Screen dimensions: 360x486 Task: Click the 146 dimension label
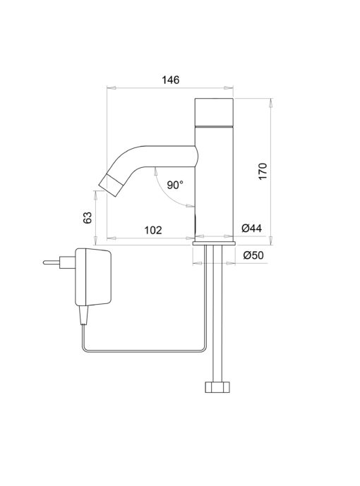point(171,80)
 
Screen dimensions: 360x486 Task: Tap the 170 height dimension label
point(263,171)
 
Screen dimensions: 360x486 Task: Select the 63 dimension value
point(88,217)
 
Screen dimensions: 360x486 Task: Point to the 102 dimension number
point(153,230)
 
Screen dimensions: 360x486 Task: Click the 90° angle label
point(175,185)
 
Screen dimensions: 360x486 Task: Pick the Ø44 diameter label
point(252,229)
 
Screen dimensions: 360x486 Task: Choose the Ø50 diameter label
point(253,255)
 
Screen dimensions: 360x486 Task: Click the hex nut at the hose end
point(217,387)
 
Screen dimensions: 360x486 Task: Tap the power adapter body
point(93,277)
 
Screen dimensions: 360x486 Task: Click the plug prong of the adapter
point(52,262)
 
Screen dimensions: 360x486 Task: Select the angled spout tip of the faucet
point(110,186)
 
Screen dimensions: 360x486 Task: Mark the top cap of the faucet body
point(214,112)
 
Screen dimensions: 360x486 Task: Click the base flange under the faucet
point(214,243)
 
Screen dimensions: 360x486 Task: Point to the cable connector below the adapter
point(84,315)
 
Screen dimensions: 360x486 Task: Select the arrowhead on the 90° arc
point(190,205)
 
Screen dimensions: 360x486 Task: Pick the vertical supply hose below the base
point(217,314)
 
